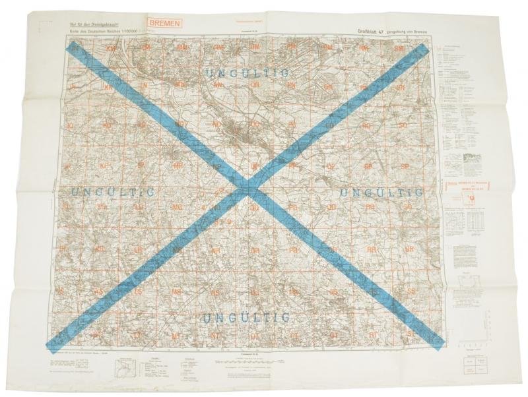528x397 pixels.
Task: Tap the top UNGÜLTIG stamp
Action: tap(249, 73)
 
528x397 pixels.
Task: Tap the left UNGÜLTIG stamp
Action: tap(112, 192)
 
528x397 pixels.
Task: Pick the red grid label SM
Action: tap(398, 49)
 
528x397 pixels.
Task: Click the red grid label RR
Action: tap(372, 250)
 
